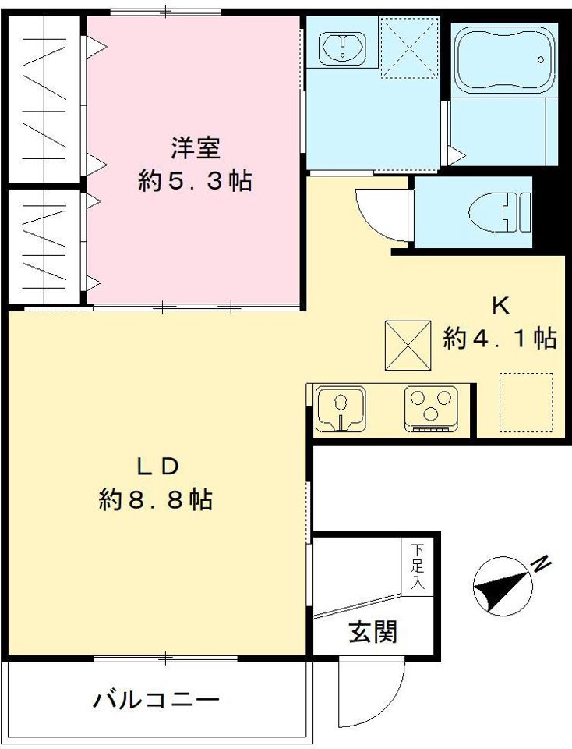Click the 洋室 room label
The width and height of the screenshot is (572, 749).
[x=194, y=148]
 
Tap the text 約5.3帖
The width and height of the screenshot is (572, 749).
[x=194, y=182]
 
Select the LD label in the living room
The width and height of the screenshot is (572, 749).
[x=159, y=466]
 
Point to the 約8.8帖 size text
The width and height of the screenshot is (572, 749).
[x=156, y=499]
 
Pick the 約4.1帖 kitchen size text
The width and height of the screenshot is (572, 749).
[x=500, y=339]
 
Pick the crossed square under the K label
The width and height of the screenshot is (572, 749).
[x=408, y=346]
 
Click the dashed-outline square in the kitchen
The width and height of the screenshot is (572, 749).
[x=525, y=402]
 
